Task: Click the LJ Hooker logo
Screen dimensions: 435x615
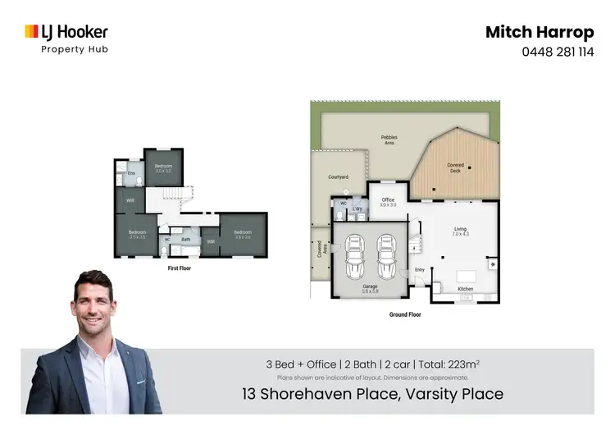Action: tap(66, 34)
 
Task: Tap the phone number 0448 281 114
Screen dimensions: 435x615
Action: tap(557, 51)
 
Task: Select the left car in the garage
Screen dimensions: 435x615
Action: tap(355, 257)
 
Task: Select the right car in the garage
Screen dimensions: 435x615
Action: tap(386, 257)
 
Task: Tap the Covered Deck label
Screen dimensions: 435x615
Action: tap(455, 167)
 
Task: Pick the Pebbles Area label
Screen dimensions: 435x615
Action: tap(389, 140)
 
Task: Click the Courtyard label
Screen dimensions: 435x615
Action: tap(339, 177)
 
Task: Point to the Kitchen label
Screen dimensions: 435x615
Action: tap(465, 289)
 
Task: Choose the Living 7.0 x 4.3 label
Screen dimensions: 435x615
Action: tap(460, 232)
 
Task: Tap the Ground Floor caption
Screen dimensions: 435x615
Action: tap(404, 314)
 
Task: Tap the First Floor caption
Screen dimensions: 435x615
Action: tap(179, 268)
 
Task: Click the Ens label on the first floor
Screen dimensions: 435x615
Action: tap(130, 174)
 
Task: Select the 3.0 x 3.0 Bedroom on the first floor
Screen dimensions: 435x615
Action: tap(163, 168)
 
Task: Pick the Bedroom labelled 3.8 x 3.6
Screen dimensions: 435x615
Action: tap(243, 234)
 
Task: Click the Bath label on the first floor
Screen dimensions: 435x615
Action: tap(186, 240)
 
